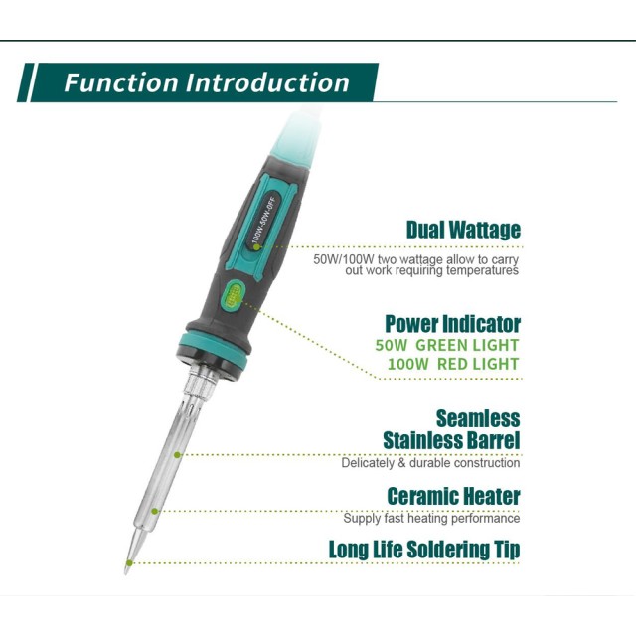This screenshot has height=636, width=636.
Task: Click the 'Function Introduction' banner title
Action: (x=207, y=82)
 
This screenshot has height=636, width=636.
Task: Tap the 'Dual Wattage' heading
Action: (x=463, y=230)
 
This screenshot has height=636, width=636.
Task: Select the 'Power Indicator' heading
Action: (x=453, y=324)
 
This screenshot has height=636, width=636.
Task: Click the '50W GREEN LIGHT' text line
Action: (x=447, y=345)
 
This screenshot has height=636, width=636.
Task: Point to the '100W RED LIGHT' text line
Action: (x=453, y=364)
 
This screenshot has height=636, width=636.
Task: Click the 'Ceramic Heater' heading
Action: (x=453, y=496)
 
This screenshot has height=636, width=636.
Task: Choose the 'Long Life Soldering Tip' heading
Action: (x=424, y=550)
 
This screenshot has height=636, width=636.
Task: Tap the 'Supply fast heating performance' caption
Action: (x=431, y=518)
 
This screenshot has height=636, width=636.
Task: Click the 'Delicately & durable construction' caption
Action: (x=430, y=463)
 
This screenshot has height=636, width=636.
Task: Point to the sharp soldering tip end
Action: (x=126, y=573)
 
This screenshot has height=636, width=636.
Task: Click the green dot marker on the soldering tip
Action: (x=129, y=563)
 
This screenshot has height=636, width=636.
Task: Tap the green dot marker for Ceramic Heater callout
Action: (x=155, y=512)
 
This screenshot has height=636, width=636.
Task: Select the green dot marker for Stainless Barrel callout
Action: (x=177, y=455)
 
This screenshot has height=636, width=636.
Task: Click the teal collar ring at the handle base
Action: (x=215, y=348)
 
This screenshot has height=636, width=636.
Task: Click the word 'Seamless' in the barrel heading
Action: (x=478, y=419)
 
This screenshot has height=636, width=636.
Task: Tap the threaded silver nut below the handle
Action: (x=201, y=380)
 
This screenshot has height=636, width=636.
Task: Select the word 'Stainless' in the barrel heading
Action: (x=420, y=440)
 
